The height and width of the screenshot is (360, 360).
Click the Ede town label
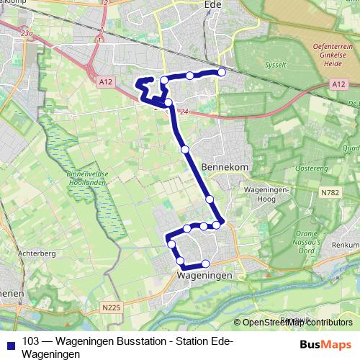point(212,4)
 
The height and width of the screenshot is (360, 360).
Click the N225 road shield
point(111,307)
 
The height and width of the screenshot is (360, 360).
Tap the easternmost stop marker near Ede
point(222,72)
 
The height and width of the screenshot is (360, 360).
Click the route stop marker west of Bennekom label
point(185,149)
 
